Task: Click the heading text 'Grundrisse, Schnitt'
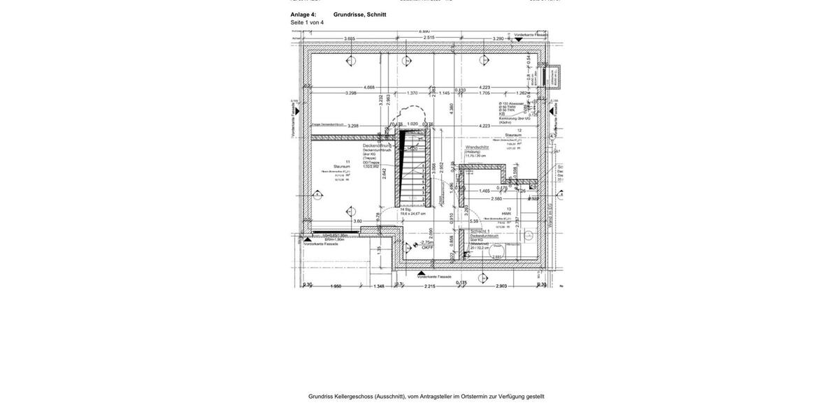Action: pos(359,15)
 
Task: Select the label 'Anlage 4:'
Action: pos(303,15)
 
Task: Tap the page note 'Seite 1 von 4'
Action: pos(307,23)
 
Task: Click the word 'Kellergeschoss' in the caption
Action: pos(354,397)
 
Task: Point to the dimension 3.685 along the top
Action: pos(350,39)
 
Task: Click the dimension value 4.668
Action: pos(369,87)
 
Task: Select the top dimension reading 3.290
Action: pos(499,39)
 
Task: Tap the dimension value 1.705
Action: pos(485,93)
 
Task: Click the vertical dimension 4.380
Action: pos(452,108)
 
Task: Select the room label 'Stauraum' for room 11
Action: pos(341,166)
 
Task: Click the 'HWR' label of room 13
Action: pos(506,214)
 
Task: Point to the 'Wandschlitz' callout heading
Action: pos(477,147)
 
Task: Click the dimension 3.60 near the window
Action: pos(358,221)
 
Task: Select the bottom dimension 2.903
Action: pos(501,286)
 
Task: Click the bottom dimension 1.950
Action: pos(336,286)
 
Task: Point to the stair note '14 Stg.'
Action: pos(406,209)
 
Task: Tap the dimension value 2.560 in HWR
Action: pos(496,198)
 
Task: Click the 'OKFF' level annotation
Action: pos(427,247)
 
